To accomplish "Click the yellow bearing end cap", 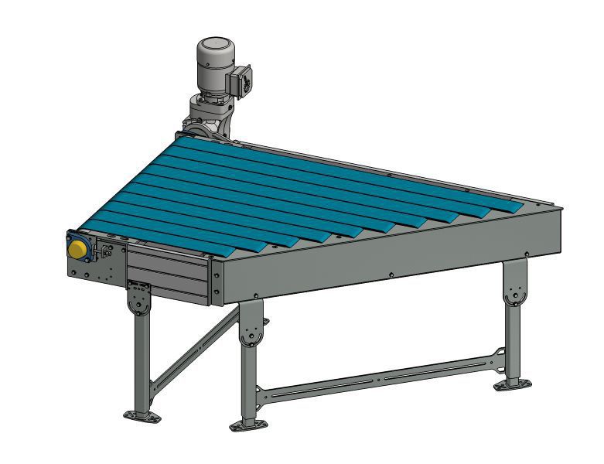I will (x=77, y=249).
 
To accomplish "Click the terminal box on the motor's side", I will (x=241, y=82).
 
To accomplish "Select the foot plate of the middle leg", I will (x=248, y=424).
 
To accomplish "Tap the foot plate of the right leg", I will (x=511, y=383).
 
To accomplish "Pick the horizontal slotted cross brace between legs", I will (x=379, y=375).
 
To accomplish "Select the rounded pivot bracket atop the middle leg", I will (x=251, y=333).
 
